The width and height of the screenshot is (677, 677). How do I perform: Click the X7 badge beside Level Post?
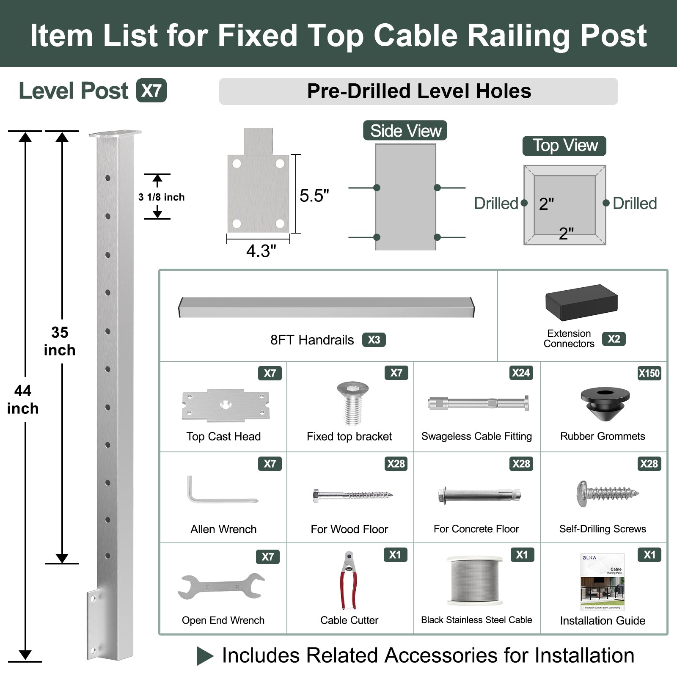151,91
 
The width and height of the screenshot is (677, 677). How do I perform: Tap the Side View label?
405,131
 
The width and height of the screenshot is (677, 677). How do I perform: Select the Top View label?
564,146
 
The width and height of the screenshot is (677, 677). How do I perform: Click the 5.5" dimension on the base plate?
314,196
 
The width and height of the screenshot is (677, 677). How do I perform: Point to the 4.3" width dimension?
261,251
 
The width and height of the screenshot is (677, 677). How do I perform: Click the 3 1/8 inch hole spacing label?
161,197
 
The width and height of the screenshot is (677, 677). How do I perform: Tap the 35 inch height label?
60,341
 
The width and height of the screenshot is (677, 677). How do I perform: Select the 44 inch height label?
23,399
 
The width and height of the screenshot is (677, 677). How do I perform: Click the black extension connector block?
581,302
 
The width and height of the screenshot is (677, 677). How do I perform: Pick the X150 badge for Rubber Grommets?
649,373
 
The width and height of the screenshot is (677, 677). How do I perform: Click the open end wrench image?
222,586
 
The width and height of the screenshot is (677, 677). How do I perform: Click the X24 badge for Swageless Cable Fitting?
520,373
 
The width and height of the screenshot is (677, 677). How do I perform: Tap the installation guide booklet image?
603,582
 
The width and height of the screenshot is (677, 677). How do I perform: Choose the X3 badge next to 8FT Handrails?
374,340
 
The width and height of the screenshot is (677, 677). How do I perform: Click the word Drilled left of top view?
496,204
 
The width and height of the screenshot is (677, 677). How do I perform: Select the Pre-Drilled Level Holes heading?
418,91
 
